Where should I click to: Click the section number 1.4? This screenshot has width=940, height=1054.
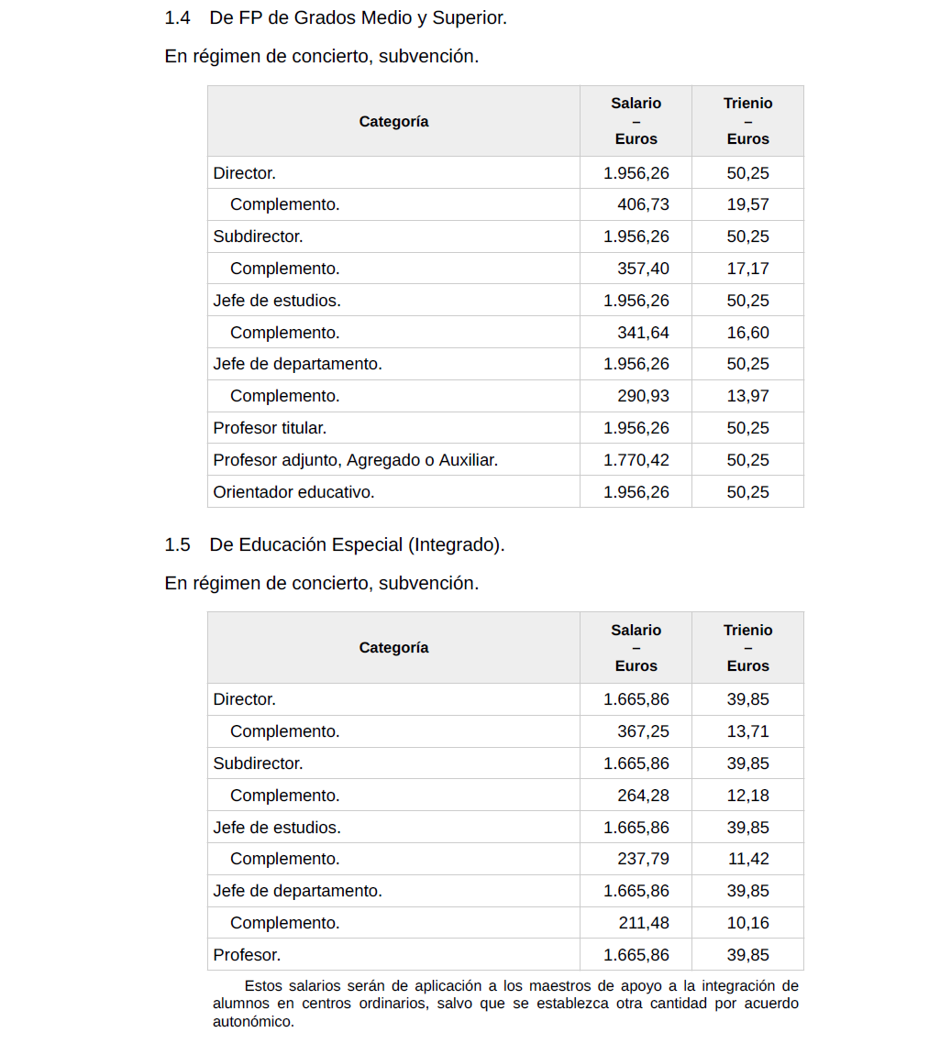pos(177,17)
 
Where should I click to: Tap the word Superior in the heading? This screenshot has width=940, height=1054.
pos(472,17)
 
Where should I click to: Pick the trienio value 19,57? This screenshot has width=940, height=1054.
pos(747,204)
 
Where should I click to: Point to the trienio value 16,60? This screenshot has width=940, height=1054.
pos(747,333)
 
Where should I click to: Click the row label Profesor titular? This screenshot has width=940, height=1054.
pos(270,428)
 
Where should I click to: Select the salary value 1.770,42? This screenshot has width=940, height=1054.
pos(636,460)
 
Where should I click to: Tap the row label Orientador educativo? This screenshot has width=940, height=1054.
pos(293,492)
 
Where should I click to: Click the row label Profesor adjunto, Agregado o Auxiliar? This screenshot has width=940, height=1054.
pos(355,460)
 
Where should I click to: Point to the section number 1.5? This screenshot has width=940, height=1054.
pos(177,544)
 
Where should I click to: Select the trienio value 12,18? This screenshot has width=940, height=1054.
pos(747,796)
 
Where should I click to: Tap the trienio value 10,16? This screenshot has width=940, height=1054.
pos(747,923)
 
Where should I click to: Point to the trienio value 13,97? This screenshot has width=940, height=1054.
pos(747,396)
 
